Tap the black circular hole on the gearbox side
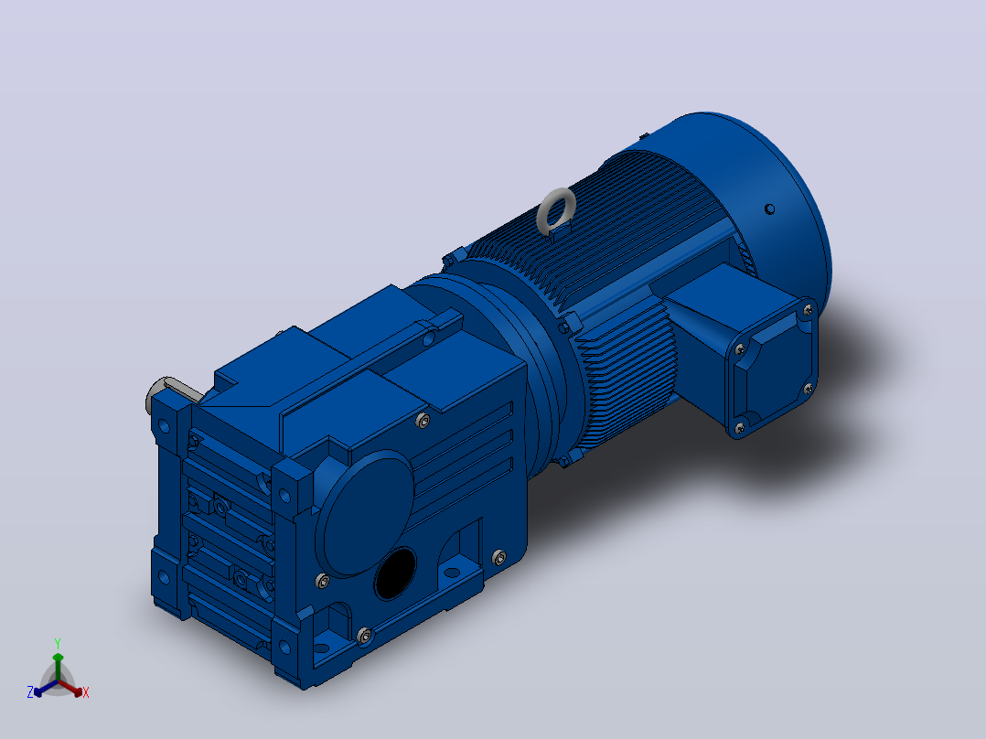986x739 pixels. pyautogui.click(x=395, y=573)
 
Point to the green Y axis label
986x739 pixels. pyautogui.click(x=58, y=643)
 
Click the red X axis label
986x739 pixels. pyautogui.click(x=86, y=692)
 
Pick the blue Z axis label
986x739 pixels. pyautogui.click(x=29, y=691)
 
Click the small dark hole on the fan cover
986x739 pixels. pyautogui.click(x=769, y=209)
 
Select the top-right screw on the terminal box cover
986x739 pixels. pyautogui.click(x=809, y=309)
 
